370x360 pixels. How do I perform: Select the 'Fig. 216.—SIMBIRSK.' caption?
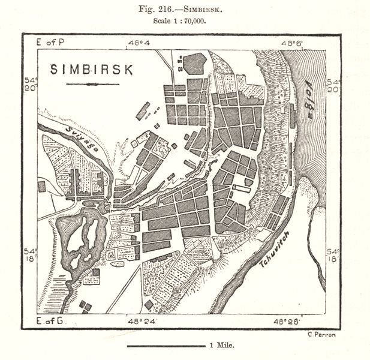(184, 8)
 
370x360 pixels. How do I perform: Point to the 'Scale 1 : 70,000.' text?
(184, 20)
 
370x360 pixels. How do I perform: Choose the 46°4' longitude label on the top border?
(140, 43)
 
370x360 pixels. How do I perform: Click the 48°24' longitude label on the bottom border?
(140, 322)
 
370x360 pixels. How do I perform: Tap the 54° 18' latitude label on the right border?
(333, 253)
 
